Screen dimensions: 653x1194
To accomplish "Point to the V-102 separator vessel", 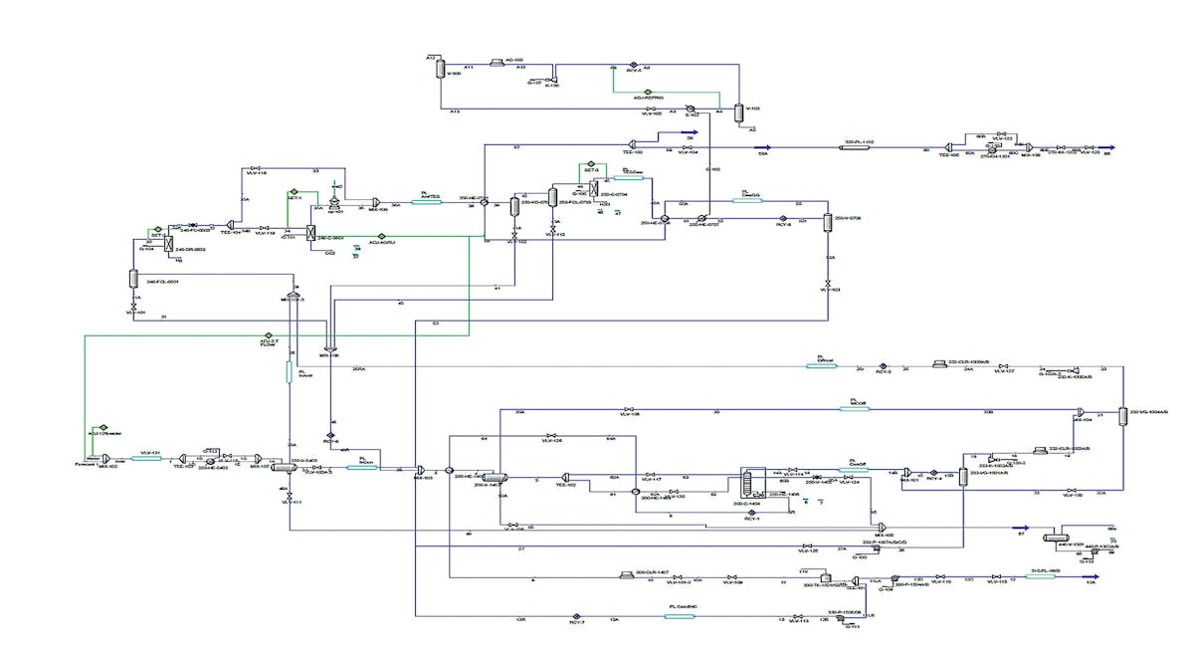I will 737,112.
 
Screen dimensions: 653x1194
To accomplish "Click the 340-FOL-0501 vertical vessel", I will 132,279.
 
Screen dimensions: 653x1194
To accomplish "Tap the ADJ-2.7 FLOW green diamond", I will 268,334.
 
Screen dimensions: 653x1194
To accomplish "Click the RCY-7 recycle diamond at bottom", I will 575,617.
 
